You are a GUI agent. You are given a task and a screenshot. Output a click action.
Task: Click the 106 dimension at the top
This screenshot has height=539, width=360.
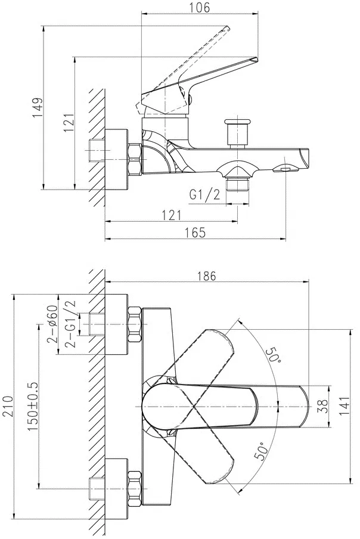coord(200,8)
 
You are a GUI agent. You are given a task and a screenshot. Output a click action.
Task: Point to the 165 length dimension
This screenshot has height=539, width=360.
coord(196,233)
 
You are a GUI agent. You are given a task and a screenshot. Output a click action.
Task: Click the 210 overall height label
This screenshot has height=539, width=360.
coord(8,406)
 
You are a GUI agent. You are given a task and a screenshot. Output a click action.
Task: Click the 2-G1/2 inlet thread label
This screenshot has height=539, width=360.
coord(70,324)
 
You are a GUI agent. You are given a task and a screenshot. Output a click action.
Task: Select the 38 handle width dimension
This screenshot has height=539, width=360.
coord(323,407)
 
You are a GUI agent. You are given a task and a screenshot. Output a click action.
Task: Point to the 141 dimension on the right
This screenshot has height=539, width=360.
coord(345,406)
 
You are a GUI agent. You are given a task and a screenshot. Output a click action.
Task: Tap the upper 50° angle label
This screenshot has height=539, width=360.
coord(274,354)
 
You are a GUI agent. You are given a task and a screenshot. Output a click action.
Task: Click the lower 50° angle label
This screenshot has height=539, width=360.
coord(260,451)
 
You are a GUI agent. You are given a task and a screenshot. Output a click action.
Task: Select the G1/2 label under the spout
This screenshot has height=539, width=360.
coord(204,195)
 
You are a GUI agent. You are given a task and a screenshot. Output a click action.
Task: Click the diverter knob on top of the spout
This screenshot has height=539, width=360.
coord(237,132)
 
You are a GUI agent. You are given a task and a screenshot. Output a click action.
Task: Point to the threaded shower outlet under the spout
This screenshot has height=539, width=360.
coord(237,184)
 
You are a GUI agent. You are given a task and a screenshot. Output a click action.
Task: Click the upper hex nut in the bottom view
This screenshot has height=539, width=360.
coord(135,324)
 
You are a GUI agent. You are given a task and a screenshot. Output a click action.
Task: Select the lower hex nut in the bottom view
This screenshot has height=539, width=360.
coord(135,488)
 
